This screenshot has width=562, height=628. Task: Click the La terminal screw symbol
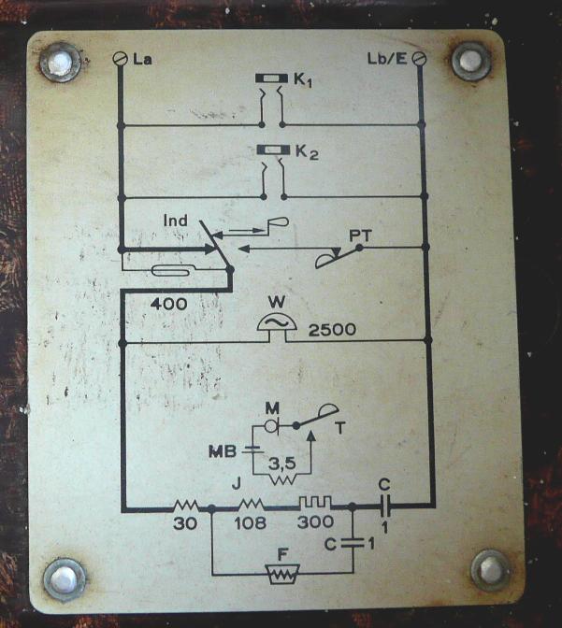[120, 59]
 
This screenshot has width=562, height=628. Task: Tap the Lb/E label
[387, 59]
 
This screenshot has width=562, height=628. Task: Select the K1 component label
[303, 80]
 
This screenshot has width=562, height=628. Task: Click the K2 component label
[307, 152]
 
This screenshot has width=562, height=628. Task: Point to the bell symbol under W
[277, 321]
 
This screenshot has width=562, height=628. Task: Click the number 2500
[332, 330]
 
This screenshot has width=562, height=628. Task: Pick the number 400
[168, 304]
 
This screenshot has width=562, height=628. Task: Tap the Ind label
[175, 221]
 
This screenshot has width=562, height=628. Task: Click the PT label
[360, 235]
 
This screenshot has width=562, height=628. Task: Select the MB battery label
[223, 451]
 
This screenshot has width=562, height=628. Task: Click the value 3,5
[281, 464]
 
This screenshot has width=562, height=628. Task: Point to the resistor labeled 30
[185, 506]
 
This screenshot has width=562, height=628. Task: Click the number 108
[250, 522]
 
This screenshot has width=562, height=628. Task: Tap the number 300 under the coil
[315, 521]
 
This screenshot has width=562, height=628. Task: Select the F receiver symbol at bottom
[282, 575]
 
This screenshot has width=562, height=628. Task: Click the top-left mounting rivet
[60, 63]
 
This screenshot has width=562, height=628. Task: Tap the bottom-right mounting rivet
[492, 570]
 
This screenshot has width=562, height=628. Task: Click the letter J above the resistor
[237, 485]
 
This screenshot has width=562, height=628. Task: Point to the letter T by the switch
[340, 428]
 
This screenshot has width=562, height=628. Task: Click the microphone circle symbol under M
[272, 426]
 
